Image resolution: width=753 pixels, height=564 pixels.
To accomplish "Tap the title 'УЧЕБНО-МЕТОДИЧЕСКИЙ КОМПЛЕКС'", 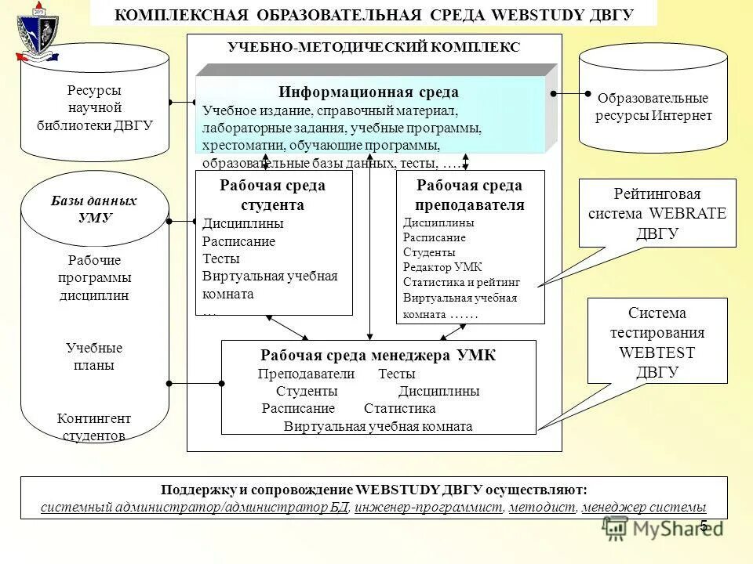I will (373, 48).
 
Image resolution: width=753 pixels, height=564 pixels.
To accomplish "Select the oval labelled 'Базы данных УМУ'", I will (94, 209).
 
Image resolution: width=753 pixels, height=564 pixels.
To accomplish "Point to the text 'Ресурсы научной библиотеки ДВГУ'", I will (94, 107).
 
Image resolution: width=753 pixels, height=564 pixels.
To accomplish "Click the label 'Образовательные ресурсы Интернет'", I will (653, 107).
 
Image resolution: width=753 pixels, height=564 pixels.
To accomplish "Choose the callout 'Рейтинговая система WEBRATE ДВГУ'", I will (658, 213).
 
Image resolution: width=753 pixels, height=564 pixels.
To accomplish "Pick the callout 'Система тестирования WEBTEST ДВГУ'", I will (658, 342).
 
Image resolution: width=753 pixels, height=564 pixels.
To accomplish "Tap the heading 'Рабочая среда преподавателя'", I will (469, 195).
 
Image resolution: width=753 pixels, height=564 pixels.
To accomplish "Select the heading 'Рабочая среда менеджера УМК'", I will (378, 356).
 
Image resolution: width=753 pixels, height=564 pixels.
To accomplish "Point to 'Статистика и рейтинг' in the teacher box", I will (461, 282).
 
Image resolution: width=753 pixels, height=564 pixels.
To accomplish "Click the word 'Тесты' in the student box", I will (221, 258).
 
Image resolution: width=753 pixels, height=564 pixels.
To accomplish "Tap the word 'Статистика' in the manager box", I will (399, 409).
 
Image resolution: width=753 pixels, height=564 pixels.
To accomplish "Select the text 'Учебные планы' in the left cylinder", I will (94, 356).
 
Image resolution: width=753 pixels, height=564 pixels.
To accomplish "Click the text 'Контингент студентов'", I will (94, 427).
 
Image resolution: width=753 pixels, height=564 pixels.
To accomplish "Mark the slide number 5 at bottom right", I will (704, 526).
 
